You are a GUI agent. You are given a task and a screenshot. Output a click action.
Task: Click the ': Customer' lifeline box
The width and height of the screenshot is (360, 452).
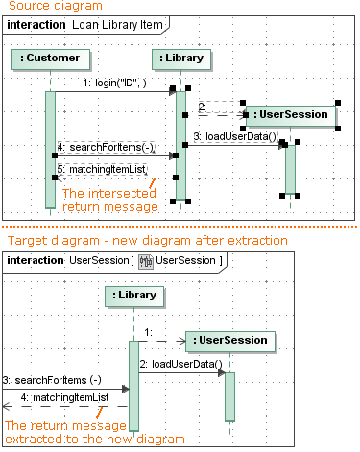click(x=50, y=59)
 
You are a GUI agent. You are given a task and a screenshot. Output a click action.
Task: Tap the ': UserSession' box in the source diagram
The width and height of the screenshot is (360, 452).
click(x=291, y=115)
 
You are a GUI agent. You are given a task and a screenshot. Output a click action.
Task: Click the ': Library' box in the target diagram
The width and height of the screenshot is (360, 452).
click(x=134, y=297)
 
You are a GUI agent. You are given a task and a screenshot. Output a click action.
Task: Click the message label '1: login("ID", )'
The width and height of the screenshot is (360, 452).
click(x=114, y=83)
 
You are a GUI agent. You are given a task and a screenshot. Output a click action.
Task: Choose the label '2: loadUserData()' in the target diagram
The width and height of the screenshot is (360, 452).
click(x=181, y=364)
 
